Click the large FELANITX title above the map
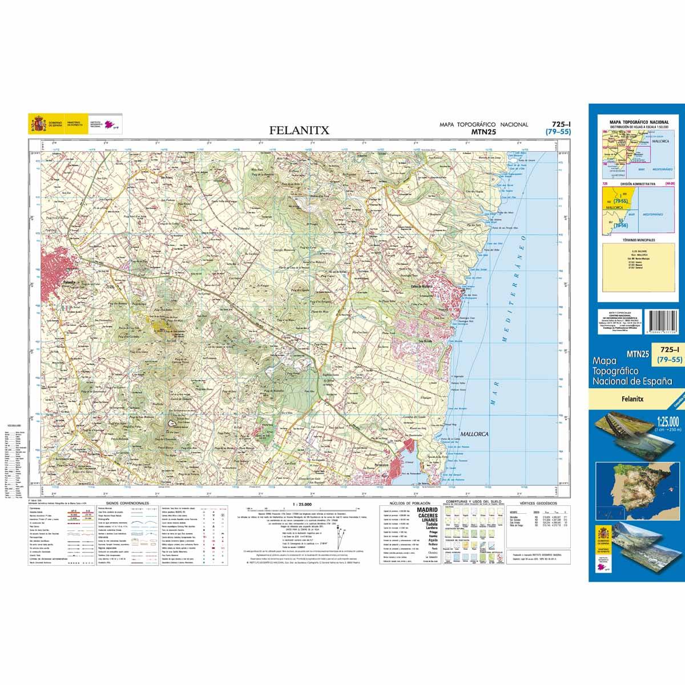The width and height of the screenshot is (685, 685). pyautogui.click(x=300, y=130)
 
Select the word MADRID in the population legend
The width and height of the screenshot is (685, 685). pyautogui.click(x=428, y=510)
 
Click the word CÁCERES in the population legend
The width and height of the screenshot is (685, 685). pyautogui.click(x=428, y=516)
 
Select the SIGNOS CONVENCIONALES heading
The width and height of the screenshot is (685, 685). pyautogui.click(x=124, y=503)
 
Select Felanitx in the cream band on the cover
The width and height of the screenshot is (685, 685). pyautogui.click(x=634, y=399)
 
